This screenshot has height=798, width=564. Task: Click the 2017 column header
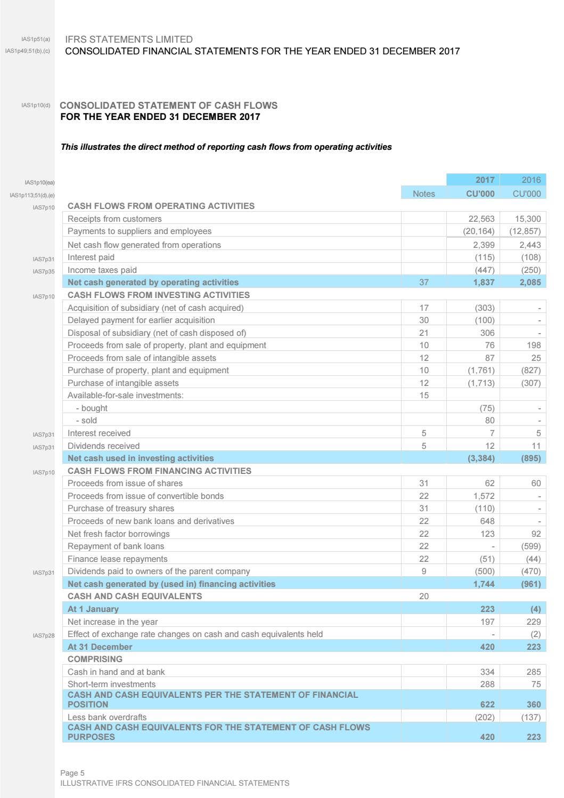coord(484,180)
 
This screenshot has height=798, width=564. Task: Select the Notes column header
coord(423,194)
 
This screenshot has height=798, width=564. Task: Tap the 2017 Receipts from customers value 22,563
coord(481,219)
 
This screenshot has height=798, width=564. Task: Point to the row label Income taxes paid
coord(102,270)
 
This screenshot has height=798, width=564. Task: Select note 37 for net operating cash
coord(423,283)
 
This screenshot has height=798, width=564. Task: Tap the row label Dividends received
coord(103,446)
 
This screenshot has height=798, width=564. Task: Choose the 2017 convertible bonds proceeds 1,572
coord(484,496)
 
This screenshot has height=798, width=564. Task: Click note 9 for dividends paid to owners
coord(423,571)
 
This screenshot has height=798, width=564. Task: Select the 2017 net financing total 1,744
coord(484,584)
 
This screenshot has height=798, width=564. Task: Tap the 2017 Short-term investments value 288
coord(487,684)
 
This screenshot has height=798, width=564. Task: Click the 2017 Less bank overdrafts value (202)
coord(484,718)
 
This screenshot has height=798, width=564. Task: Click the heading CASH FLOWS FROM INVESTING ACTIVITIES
coord(159,295)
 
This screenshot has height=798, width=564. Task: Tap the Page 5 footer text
coord(72,773)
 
